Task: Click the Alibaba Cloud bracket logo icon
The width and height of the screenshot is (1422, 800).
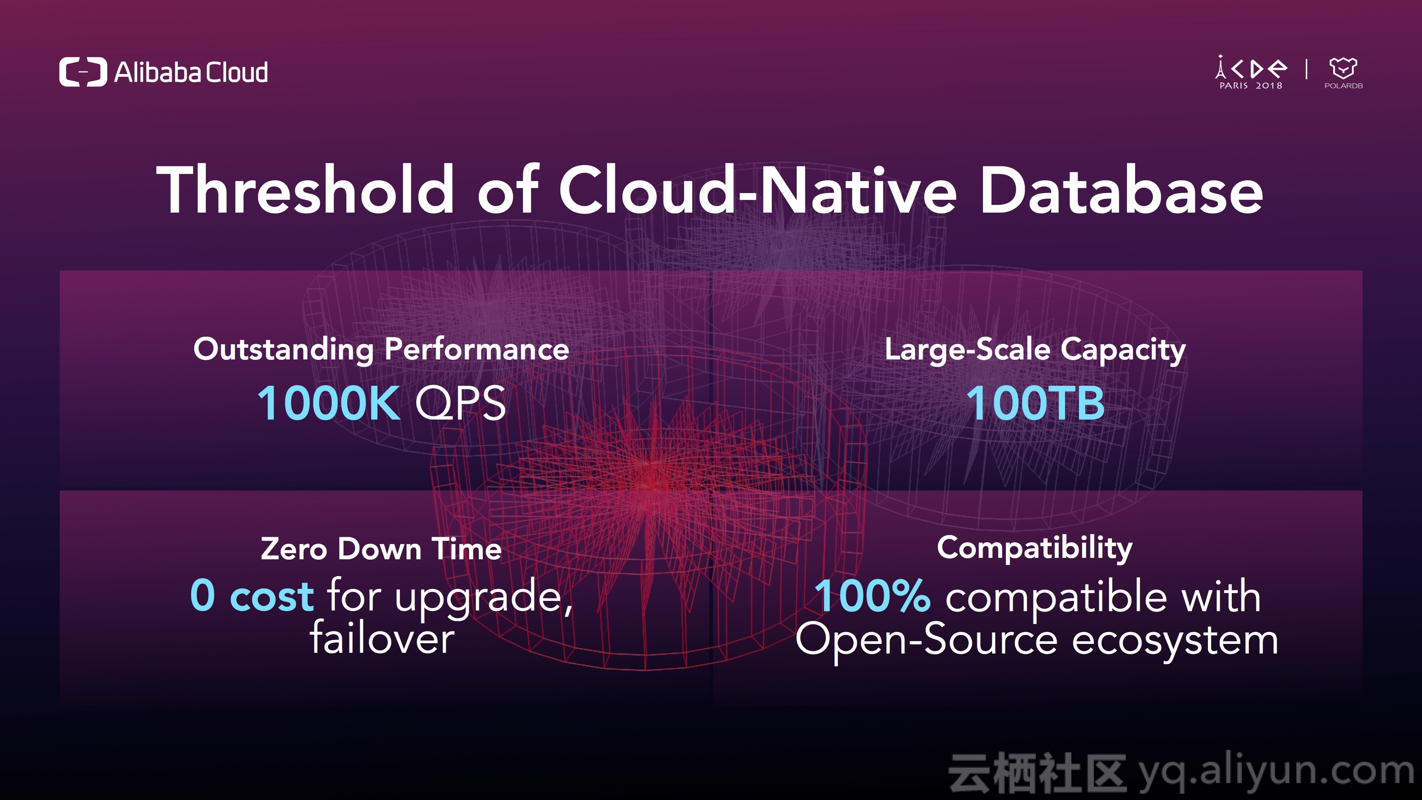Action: point(83,72)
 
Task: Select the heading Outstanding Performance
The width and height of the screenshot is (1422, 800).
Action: point(381,350)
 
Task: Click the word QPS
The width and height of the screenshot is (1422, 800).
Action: point(460,404)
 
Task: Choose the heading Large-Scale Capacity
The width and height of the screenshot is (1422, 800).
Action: point(1035,350)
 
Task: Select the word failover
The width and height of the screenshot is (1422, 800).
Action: point(382,637)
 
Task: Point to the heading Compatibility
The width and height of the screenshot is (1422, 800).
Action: point(1035,549)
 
